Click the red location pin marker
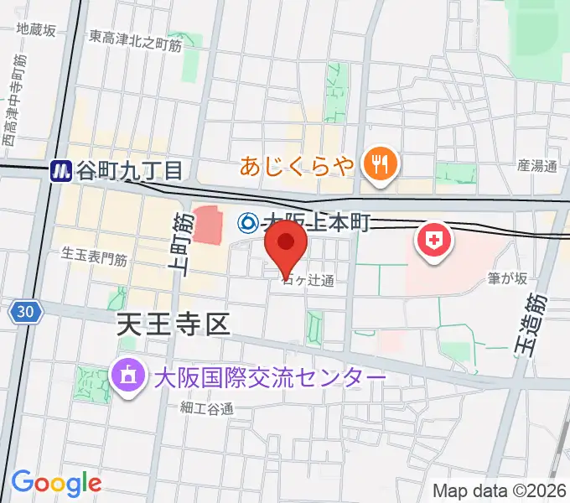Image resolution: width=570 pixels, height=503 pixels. [x=287, y=244]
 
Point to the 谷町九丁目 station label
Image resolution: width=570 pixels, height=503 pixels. [x=129, y=171]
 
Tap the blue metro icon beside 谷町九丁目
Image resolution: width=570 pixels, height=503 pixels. [x=61, y=171]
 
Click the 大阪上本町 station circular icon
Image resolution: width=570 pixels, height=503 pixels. [x=248, y=222]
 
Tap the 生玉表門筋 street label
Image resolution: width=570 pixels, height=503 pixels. [x=95, y=257]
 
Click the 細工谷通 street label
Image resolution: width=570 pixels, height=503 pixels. [x=206, y=408]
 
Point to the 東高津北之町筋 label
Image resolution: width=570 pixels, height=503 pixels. [x=135, y=37]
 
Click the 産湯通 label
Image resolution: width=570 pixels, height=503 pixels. [x=536, y=166]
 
